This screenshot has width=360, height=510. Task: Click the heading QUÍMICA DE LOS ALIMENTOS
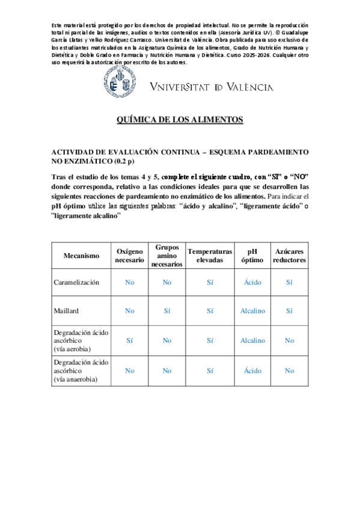[180, 120]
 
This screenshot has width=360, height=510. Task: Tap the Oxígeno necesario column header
[129, 256]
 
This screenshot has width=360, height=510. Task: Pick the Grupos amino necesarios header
[166, 256]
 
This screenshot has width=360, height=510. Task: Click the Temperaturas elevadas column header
[210, 256]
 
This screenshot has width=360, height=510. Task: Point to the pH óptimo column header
[252, 256]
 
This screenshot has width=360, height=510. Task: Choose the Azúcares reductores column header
[289, 256]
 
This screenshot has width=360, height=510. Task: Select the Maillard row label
[66, 311]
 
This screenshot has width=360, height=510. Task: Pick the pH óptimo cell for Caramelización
[252, 282]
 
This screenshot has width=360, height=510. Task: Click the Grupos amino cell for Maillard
[166, 311]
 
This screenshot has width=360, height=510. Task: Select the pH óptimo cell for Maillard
[252, 311]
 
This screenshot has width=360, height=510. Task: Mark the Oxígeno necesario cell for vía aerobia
[129, 340]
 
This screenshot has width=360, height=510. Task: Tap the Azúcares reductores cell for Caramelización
[289, 282]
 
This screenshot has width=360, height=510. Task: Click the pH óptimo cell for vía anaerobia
[252, 371]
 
